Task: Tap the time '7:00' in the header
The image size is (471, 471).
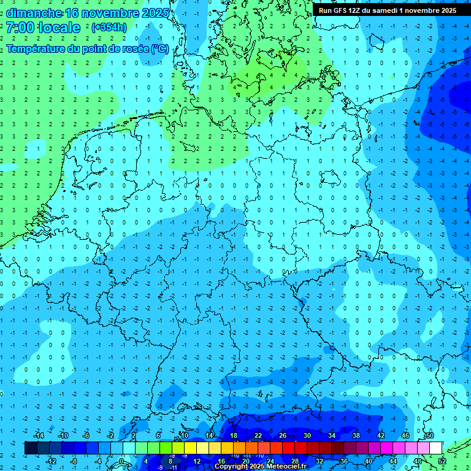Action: coord(19,28)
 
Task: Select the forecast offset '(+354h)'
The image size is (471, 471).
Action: coord(109,28)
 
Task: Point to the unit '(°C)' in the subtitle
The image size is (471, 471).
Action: coord(160,48)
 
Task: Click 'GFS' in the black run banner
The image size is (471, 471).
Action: coord(341,10)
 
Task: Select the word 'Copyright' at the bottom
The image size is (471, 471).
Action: coord(231,467)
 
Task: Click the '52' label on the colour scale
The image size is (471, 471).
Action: coord(442,461)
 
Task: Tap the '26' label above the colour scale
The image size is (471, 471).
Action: coord(283,435)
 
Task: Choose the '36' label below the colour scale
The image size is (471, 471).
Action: coord(344,461)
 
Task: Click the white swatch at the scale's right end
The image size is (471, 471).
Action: coord(436,448)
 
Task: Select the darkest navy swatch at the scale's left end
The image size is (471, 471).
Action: coord(31,448)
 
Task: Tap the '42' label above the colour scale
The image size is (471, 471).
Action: coord(381,435)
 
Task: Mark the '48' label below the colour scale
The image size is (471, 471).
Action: coord(418,461)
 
